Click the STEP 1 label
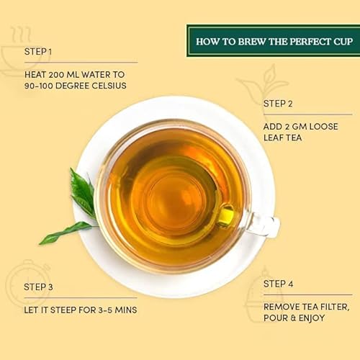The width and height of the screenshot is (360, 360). [x=38, y=52]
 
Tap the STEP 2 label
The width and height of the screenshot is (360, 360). [x=278, y=104]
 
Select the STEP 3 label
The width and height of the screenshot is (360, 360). [x=39, y=287]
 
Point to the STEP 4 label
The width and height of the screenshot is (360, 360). [x=279, y=285]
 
